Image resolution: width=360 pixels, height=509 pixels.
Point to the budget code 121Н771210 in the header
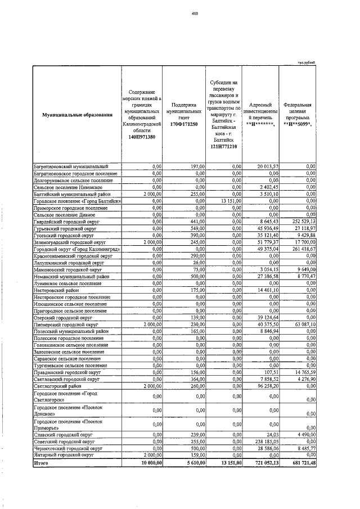click(223, 147)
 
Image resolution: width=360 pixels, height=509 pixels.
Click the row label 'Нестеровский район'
click(56, 290)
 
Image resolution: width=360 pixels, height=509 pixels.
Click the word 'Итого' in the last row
click(42, 463)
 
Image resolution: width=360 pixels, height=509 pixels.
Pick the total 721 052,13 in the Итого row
click(260, 463)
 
